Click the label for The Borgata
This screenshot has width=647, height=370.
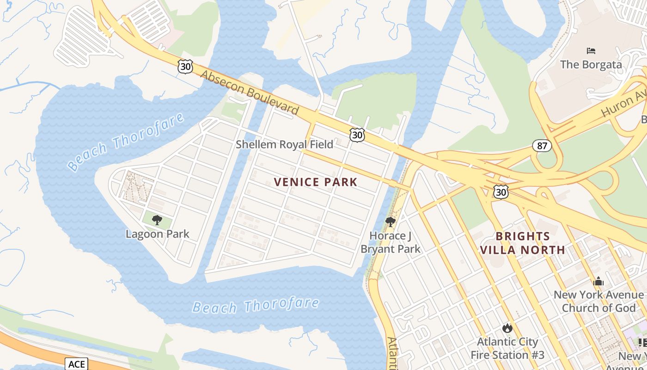point(591,64)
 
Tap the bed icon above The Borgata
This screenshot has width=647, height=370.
point(591,50)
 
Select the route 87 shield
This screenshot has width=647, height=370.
point(542,146)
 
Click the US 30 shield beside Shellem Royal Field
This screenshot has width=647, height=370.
point(357,135)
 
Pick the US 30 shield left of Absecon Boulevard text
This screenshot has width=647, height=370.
point(185,67)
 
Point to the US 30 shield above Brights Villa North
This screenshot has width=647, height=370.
point(501,192)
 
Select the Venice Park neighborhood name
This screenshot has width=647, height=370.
point(316,182)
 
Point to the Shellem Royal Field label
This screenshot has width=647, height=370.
point(284,144)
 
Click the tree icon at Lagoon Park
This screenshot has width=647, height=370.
point(157,220)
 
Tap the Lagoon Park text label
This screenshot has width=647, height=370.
point(157,234)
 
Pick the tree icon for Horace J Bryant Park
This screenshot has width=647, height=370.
point(391,222)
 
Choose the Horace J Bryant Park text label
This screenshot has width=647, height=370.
point(391,242)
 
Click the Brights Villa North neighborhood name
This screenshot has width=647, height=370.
point(522,243)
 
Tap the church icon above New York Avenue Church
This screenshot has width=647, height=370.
point(598,281)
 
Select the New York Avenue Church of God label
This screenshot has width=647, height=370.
point(598,301)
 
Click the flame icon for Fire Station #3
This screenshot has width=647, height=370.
point(507,328)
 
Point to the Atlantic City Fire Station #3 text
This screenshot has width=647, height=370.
point(507,348)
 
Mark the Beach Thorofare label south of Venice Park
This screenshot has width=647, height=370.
point(256,306)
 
